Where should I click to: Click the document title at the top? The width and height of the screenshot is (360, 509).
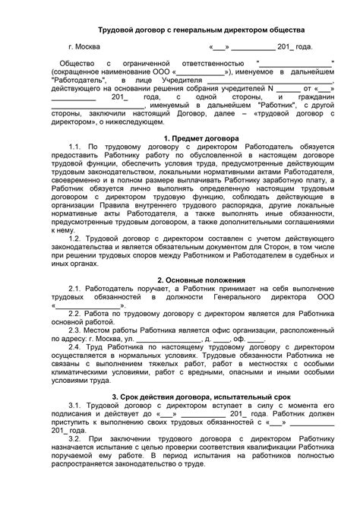coord(180,29)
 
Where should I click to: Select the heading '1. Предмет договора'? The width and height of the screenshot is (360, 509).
coord(180,138)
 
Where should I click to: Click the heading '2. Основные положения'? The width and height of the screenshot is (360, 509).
coord(180,280)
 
